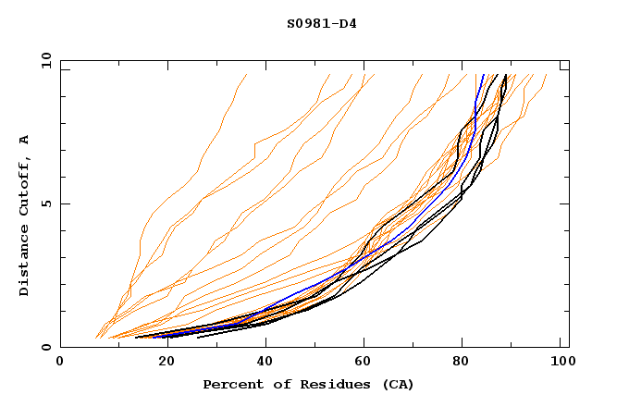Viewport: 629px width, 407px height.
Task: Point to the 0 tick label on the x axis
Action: pyautogui.click(x=60, y=363)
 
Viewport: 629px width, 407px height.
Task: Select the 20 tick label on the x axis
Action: pyautogui.click(x=160, y=363)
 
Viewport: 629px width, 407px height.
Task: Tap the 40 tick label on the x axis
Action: pyautogui.click(x=261, y=363)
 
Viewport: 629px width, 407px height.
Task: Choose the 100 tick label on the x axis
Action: pyautogui.click(x=561, y=363)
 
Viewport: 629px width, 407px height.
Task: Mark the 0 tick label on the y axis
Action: pyautogui.click(x=45, y=348)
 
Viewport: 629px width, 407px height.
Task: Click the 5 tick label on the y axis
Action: pyautogui.click(x=45, y=203)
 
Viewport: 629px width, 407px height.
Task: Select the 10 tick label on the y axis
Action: pyautogui.click(x=43, y=60)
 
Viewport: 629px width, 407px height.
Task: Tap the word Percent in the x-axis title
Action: pyautogui.click(x=231, y=385)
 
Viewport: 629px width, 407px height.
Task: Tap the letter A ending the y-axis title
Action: pyautogui.click(x=25, y=140)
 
